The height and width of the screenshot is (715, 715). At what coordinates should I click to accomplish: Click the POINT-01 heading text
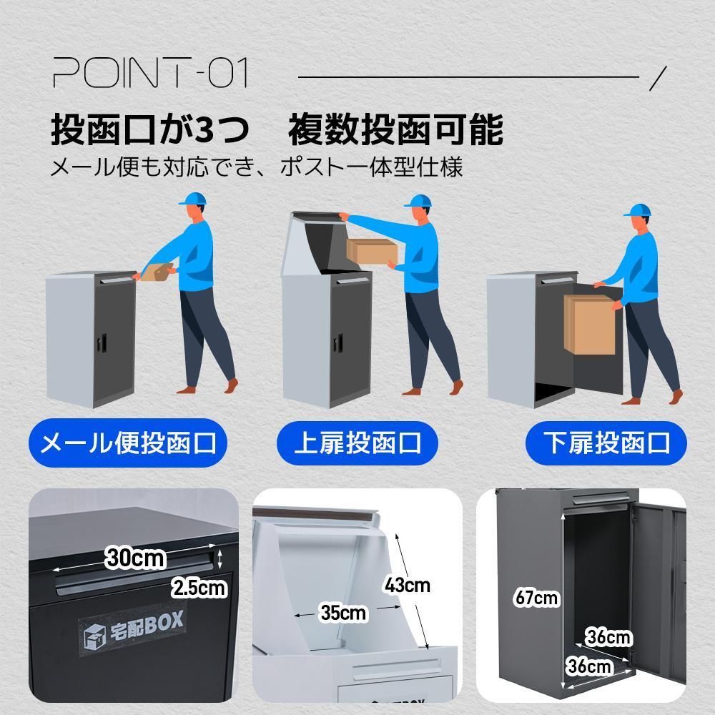point(150,74)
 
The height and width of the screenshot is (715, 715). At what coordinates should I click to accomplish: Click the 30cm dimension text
point(135,556)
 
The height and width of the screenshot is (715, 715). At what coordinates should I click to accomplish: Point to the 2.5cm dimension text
point(199,588)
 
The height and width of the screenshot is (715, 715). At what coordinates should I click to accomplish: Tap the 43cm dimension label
point(407,585)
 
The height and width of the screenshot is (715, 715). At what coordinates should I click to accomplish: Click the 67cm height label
point(536,597)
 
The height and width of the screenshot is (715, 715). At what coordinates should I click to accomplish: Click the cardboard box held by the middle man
point(372,250)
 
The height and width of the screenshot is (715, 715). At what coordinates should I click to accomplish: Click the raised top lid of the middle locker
point(315,236)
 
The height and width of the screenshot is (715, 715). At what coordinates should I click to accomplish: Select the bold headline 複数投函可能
point(395,130)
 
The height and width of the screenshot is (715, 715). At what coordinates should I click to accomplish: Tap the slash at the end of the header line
point(661,77)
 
